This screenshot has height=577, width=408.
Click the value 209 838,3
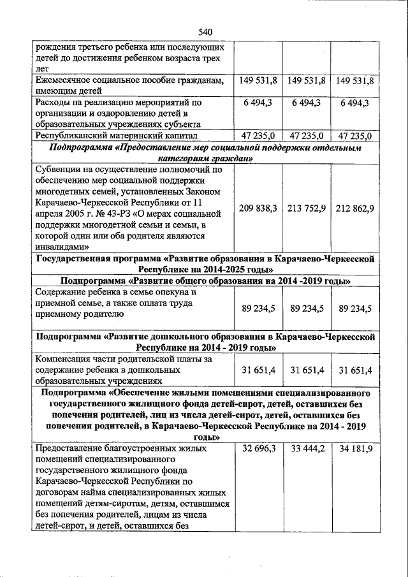click(x=259, y=208)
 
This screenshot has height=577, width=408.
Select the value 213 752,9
click(x=307, y=208)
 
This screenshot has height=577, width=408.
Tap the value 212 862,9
click(x=354, y=208)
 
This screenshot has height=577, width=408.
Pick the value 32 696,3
click(x=259, y=449)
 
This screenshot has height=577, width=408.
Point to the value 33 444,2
click(x=307, y=449)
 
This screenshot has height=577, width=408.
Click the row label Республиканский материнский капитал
click(x=116, y=136)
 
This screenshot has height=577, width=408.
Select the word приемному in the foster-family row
click(x=59, y=314)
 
